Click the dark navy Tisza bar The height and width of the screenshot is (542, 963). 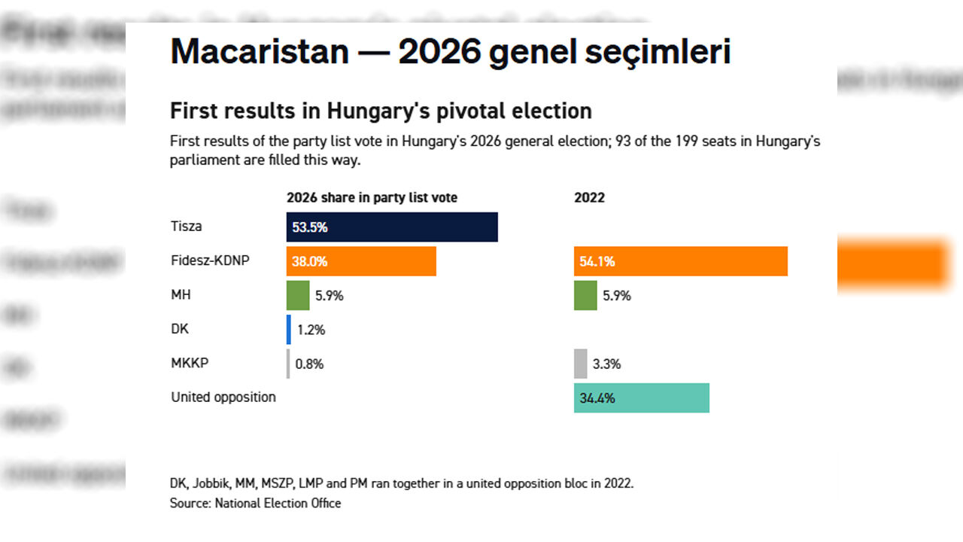pos(392,227)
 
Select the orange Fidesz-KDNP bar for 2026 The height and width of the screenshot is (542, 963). pos(361,261)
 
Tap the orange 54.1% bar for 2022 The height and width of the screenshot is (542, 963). pos(680,261)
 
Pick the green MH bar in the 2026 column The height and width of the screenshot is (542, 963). pos(298,295)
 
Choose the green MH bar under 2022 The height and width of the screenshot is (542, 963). pos(585,295)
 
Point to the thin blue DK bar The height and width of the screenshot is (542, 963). pos(288,330)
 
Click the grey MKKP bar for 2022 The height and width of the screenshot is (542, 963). pos(580,364)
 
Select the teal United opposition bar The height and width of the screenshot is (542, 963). pos(641,397)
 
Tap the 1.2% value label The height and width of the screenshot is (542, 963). pos(310,330)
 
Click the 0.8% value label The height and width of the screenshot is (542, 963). pos(309,364)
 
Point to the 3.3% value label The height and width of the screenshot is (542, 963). pos(606,364)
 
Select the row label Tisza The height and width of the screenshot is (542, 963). pos(186,226)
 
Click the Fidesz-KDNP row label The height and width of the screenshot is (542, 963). pos(210,260)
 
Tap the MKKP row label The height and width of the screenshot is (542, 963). pos(190,363)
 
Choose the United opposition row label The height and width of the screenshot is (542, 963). pos(223,397)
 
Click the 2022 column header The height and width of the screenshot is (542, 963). pos(589,198)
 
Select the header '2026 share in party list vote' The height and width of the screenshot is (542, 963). pos(372,198)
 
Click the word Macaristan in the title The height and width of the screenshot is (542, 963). pos(260,52)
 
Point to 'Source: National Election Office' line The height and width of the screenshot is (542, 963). pos(255,503)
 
